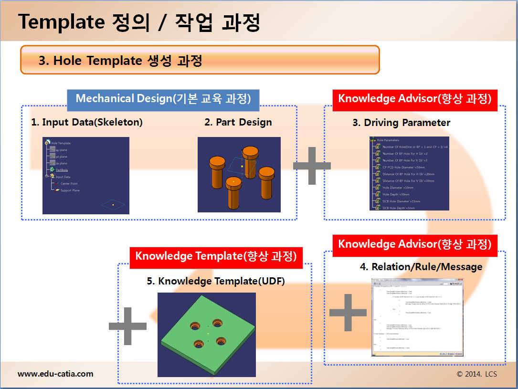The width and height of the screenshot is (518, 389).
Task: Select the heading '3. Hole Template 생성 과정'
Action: coord(120,61)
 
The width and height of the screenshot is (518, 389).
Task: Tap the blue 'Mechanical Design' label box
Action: coord(163,99)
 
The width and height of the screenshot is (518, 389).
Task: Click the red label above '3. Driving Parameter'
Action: coord(414,99)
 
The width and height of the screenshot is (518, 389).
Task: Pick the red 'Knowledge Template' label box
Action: coord(216,256)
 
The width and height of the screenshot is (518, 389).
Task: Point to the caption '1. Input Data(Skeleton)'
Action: coord(87,122)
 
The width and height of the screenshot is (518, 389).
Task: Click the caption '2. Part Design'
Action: coord(238,122)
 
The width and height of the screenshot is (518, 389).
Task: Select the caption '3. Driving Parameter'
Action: coord(401,123)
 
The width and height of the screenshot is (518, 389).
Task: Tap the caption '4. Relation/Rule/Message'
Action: coord(421,267)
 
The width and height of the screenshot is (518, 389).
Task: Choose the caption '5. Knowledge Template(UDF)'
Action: coord(216,281)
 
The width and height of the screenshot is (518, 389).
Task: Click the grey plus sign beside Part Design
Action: coord(312,166)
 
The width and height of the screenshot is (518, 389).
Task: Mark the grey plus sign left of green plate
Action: coord(127,326)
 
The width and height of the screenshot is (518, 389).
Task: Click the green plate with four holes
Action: coord(207,335)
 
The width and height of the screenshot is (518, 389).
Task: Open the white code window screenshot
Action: coord(417,316)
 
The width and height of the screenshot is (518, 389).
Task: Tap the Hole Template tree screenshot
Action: coord(86,176)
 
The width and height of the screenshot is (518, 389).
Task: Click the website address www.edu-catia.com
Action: coord(55,374)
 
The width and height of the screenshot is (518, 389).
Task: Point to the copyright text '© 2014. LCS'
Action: coord(476,374)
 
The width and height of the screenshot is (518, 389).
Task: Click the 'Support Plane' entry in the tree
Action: coord(70,190)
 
